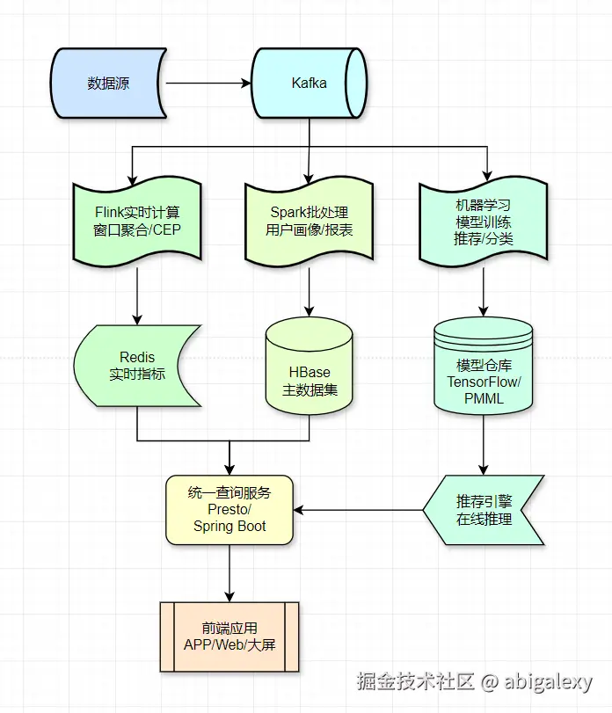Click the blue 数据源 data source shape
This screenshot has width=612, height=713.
(107, 84)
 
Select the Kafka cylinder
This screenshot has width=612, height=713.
(309, 84)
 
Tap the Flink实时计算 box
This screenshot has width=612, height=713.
(137, 222)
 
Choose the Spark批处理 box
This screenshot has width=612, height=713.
(309, 222)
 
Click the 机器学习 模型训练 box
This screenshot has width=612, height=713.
(483, 222)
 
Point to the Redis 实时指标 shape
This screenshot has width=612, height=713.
(137, 366)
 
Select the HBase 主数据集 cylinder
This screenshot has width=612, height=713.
(309, 369)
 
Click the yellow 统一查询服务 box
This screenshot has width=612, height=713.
(229, 510)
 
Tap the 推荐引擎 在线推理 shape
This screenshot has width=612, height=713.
(484, 510)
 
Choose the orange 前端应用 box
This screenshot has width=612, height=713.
(229, 637)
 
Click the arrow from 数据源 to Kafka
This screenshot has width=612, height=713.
(208, 84)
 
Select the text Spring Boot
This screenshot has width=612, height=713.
(229, 527)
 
